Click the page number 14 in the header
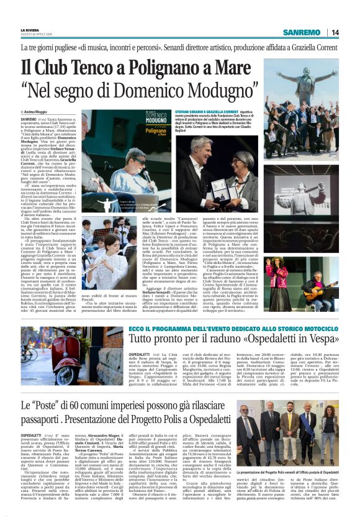[335, 32]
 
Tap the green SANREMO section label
[301, 32]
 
